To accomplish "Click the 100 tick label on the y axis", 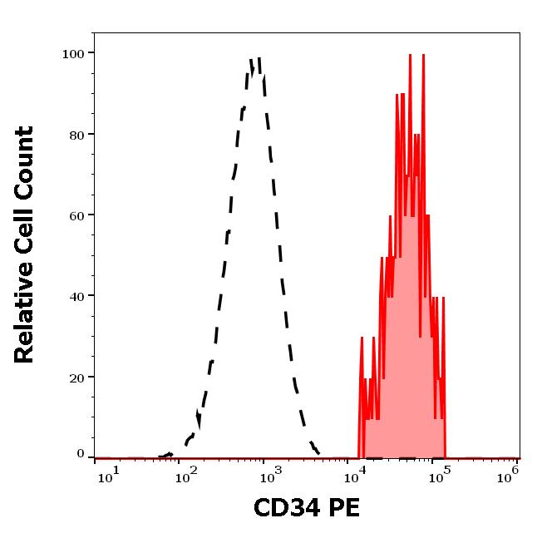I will click(x=72, y=53).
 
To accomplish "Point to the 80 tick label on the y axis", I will click(x=76, y=134).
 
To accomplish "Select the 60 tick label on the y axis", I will click(x=76, y=215).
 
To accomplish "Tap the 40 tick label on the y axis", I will click(x=76, y=295).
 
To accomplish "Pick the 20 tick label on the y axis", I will click(x=76, y=377).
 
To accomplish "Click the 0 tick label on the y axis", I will click(x=81, y=454).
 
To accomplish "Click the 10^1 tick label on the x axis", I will click(x=108, y=474).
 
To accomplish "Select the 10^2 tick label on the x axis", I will click(x=190, y=474).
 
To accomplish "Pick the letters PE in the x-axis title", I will click(x=343, y=508).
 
